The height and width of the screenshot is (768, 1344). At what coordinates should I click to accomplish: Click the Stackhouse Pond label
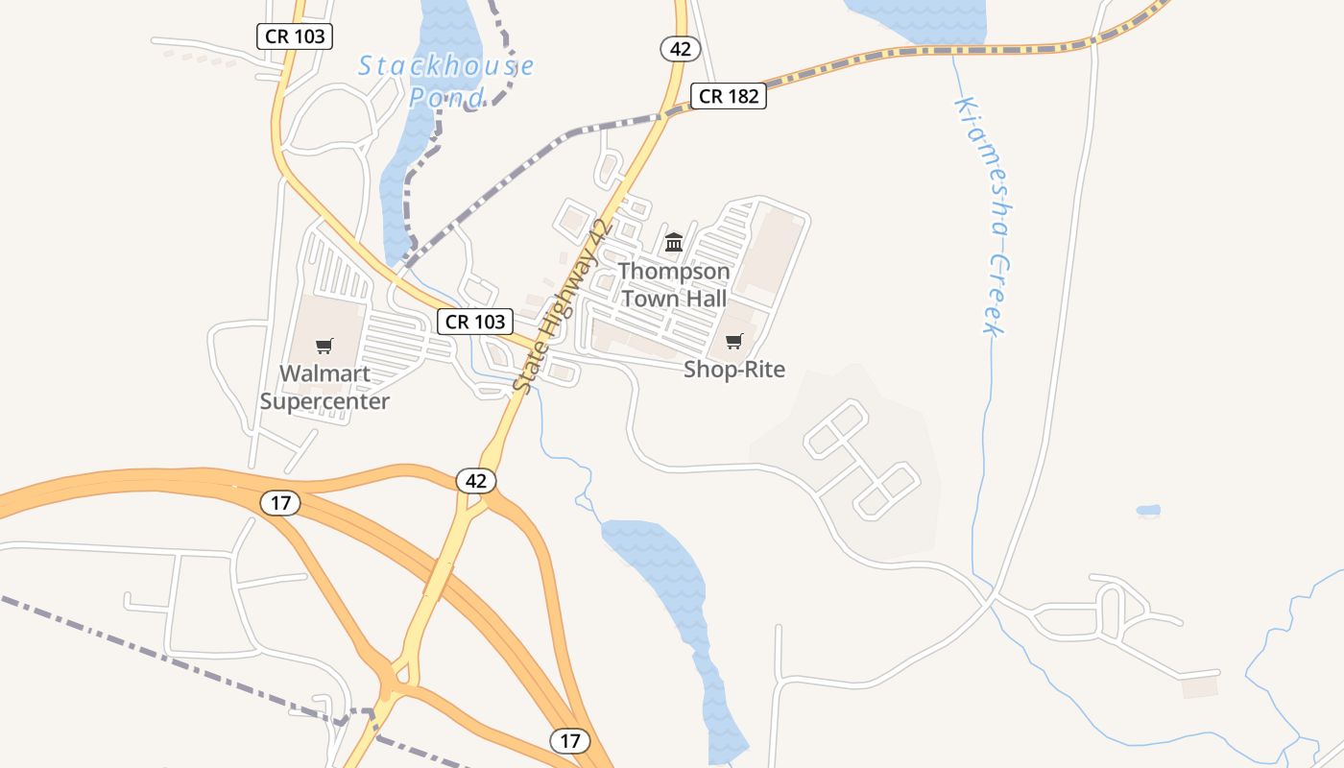pos(446,81)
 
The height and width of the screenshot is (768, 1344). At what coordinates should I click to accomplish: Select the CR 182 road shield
pos(729,96)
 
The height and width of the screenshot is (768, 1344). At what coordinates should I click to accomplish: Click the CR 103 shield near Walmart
pos(475,322)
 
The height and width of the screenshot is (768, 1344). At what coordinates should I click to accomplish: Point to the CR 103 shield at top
pos(295,37)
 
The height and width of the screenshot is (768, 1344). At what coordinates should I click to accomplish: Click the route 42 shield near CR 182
pos(680,49)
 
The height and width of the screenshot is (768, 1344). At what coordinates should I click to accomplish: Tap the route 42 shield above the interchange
pos(476,480)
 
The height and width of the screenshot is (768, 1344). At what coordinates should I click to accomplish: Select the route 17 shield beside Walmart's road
pos(280,502)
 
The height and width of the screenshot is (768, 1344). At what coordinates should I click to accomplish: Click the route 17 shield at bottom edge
pos(570,741)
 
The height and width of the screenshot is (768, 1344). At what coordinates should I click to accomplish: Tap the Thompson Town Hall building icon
pos(674,242)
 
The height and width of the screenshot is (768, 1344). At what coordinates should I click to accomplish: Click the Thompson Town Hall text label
pos(674,284)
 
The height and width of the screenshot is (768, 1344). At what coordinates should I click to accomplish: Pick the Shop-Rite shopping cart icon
pos(734,341)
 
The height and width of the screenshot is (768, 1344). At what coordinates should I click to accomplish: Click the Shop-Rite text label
pos(734,370)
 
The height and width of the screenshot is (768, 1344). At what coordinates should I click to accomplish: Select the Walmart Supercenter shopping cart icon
pos(324,346)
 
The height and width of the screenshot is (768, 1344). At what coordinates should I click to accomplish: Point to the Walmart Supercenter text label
pos(324,387)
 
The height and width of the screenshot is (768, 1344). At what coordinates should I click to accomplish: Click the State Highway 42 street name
pos(563,305)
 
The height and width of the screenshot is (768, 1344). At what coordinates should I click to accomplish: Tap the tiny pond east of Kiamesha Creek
pos(1148,511)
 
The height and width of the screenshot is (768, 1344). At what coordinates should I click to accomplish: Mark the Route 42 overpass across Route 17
pos(439,579)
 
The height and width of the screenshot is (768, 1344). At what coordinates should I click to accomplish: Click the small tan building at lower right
pos(1200,686)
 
